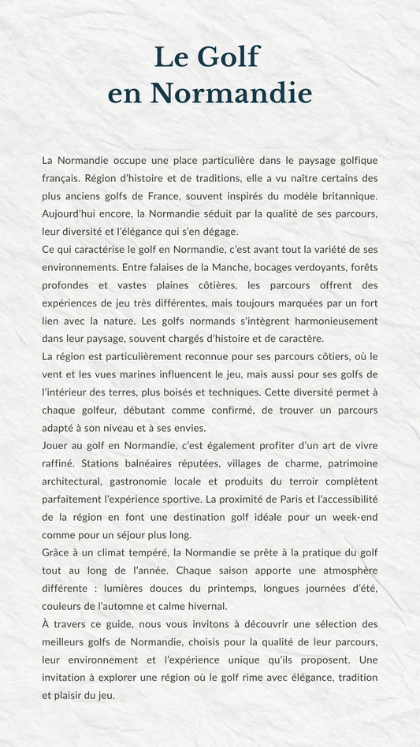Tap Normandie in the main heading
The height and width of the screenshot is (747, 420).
(x=231, y=94)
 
